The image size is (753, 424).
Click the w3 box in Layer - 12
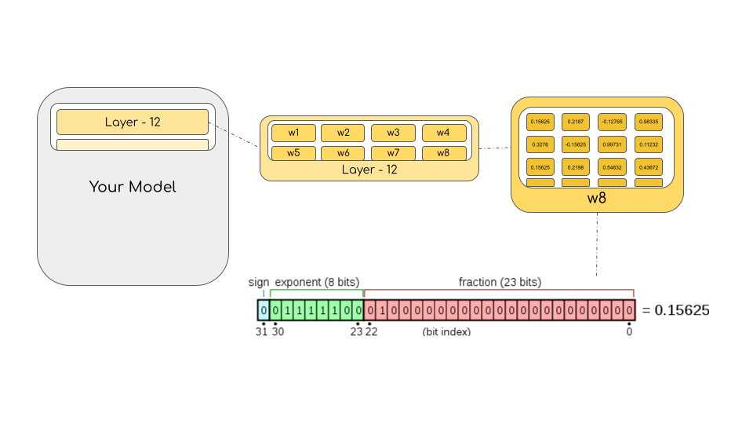point(394,133)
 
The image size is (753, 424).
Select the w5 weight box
point(293,153)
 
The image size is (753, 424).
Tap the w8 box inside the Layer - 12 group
point(444,153)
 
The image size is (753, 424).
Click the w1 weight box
point(293,133)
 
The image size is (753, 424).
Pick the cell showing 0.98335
point(649,122)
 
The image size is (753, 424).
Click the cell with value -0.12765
point(613,122)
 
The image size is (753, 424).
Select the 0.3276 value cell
point(540,145)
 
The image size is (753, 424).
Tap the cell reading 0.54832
point(613,168)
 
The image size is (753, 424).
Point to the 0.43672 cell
point(649,168)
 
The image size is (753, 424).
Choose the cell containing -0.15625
point(576,145)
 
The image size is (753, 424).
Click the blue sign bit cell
point(264,310)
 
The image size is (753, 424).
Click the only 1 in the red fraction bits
point(382,310)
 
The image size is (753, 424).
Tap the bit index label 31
point(261,331)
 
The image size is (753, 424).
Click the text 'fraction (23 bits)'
point(499,282)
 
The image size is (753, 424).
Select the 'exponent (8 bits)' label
point(317,282)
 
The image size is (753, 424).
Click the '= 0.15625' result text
point(675,310)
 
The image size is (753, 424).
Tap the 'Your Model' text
point(133,187)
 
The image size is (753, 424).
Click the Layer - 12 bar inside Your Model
point(133,122)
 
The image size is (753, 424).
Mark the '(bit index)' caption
point(446,331)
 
